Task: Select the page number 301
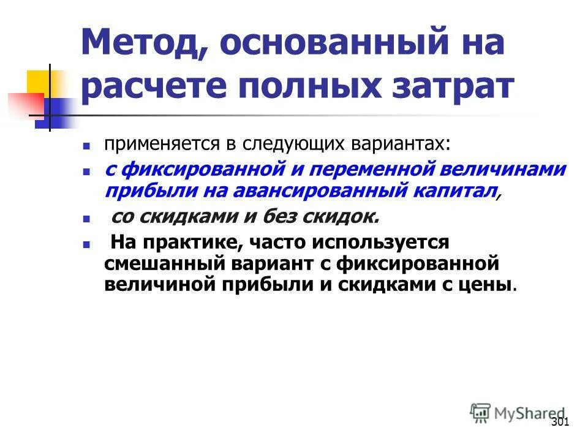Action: click(x=560, y=422)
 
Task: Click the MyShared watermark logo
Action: click(x=518, y=412)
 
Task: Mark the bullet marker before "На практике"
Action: click(x=87, y=244)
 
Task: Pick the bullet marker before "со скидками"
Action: click(x=87, y=219)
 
